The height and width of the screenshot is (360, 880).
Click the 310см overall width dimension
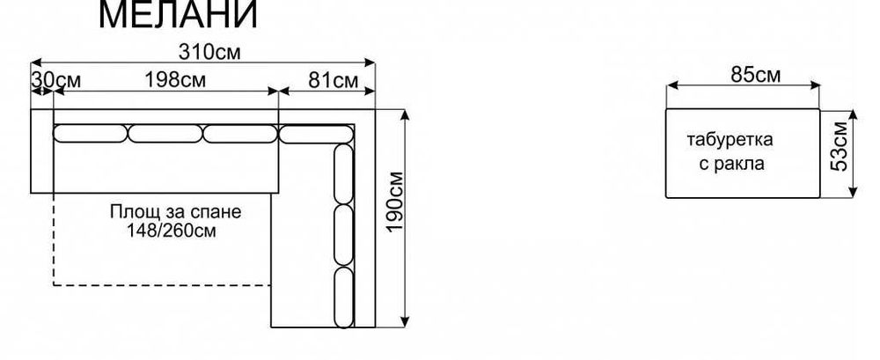pos(209,52)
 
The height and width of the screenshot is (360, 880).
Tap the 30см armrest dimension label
pos(56,80)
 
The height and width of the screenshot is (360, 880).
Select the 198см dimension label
pos(174,80)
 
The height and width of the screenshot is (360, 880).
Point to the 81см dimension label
pos(334,80)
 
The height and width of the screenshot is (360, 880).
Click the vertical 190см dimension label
pos(395,201)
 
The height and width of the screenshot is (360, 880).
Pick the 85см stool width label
pos(755,74)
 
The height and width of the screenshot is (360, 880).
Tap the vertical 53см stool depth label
pos(840,146)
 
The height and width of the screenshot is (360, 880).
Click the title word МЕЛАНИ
pos(179,15)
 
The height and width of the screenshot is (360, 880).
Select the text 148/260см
pos(172,231)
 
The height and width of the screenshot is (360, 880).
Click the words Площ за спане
pos(176,212)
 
